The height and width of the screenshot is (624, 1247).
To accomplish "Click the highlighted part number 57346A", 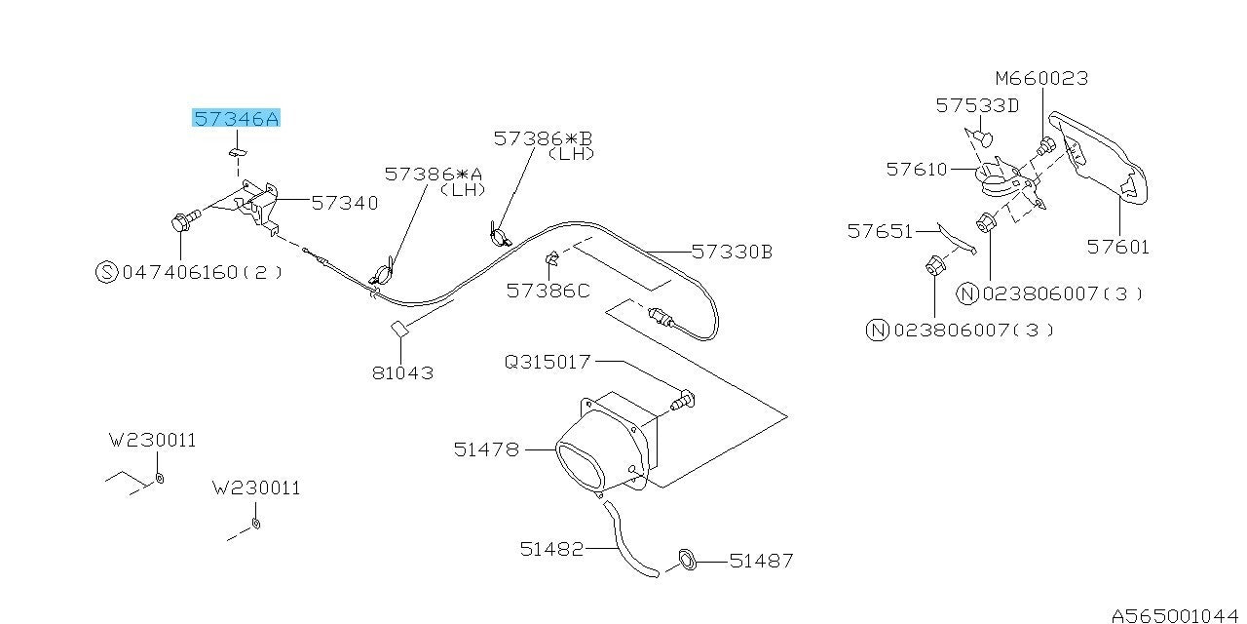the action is click(236, 118).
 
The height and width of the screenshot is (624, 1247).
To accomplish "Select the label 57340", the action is click(345, 203).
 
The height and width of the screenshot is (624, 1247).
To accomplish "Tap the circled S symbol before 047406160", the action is click(107, 272).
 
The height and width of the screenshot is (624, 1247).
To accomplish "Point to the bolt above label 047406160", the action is click(185, 220).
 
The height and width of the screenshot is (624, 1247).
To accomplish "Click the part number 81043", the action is click(402, 372).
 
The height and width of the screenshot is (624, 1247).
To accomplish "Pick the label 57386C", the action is click(548, 291).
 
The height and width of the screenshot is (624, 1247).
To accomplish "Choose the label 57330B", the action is click(732, 252).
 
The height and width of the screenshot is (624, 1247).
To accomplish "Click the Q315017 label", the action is click(548, 362).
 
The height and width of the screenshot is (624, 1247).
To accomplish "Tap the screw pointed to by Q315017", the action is click(683, 401).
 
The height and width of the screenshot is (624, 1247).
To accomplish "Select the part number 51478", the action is click(486, 449).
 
